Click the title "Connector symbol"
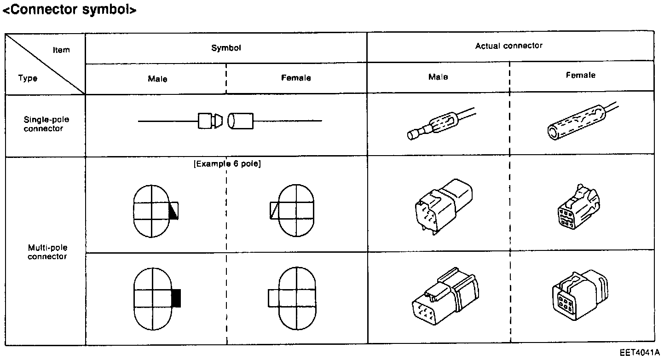pos(69,10)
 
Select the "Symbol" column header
pos(226,48)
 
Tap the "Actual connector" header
pos(508,46)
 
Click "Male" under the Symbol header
pos(157,79)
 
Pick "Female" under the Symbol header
pos(296,78)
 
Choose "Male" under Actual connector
pos(438,77)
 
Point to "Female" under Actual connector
pos(580,75)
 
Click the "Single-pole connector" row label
pos(46,124)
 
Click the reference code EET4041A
pos(640,353)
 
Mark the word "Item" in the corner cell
pos(61,50)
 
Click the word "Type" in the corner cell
pos(28,78)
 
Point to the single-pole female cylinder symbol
pos(241,121)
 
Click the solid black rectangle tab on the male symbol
pos(176,298)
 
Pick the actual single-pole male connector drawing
pos(439,125)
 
